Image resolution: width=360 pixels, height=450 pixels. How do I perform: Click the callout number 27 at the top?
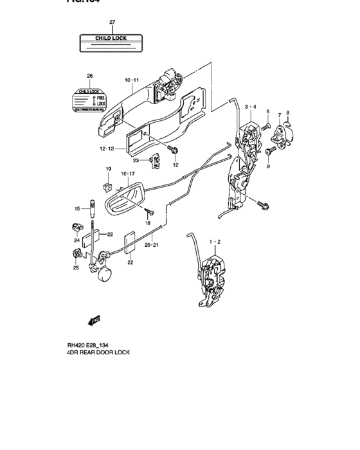click(x=112, y=22)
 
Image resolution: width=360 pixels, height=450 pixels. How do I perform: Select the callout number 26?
click(x=89, y=75)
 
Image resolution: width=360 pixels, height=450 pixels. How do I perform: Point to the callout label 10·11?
click(x=131, y=80)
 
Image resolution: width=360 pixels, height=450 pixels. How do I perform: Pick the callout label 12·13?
click(x=107, y=148)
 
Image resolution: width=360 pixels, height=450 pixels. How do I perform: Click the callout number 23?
click(x=136, y=160)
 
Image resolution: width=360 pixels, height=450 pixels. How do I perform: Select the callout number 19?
click(x=109, y=170)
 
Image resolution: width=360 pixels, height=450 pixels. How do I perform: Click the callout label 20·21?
click(x=152, y=245)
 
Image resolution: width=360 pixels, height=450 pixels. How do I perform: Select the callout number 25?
click(x=75, y=268)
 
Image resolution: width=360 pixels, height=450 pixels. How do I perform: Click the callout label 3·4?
click(x=251, y=107)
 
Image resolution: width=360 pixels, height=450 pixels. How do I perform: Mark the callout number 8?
click(x=288, y=113)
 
